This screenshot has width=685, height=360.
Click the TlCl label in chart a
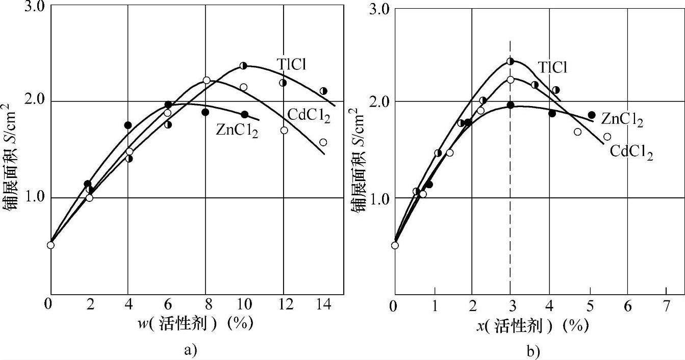(x=294, y=64)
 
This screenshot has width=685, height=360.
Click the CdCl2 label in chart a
(x=309, y=116)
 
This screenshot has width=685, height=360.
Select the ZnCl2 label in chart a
(x=237, y=130)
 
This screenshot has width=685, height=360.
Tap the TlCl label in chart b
(x=552, y=67)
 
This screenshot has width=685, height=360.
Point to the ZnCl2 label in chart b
(x=622, y=120)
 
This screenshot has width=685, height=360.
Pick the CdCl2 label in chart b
(x=632, y=151)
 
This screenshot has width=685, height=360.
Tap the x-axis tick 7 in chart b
(x=666, y=306)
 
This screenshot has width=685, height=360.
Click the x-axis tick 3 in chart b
(x=511, y=306)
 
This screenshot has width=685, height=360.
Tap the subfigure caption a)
(x=189, y=350)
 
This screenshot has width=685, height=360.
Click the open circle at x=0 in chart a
(x=50, y=245)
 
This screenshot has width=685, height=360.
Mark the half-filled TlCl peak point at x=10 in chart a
(x=243, y=66)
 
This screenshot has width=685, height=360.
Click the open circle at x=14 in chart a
(x=323, y=142)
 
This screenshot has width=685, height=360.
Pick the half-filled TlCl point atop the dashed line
(x=511, y=61)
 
